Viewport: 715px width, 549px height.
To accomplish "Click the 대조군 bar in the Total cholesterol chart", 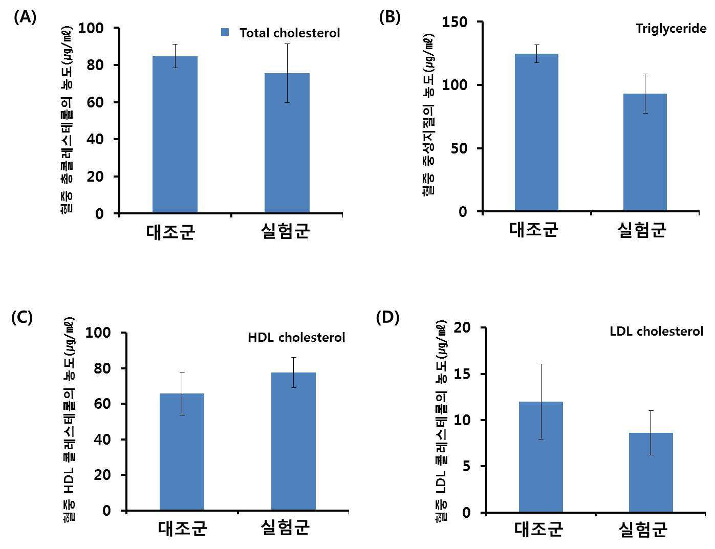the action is (x=175, y=135).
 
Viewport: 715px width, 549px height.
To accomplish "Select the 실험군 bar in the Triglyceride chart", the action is (x=645, y=152).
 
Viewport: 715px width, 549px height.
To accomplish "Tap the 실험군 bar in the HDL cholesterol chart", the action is (x=293, y=442).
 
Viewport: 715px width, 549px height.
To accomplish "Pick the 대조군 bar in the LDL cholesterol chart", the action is (x=540, y=457).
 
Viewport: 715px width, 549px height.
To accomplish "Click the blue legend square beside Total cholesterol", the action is (x=225, y=32).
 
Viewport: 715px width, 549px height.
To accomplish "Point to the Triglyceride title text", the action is (x=671, y=29).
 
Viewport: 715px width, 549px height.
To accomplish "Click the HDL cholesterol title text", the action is (x=296, y=337).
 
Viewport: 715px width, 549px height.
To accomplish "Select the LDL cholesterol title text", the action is (x=657, y=331).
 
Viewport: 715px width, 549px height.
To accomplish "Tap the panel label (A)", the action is (x=25, y=17).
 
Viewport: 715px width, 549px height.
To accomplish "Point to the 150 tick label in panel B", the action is (x=454, y=23).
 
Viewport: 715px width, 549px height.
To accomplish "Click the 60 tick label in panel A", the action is (x=95, y=102).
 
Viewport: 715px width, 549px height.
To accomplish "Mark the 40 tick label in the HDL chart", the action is (x=102, y=439).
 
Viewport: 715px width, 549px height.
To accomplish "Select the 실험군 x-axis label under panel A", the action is (x=285, y=231).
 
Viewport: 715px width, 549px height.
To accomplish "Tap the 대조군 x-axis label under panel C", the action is (x=182, y=528).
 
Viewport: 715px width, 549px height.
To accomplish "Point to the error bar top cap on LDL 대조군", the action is (x=540, y=364).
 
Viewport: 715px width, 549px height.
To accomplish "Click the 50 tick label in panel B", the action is (x=459, y=148).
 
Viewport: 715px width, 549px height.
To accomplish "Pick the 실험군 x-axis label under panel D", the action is (x=643, y=530).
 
